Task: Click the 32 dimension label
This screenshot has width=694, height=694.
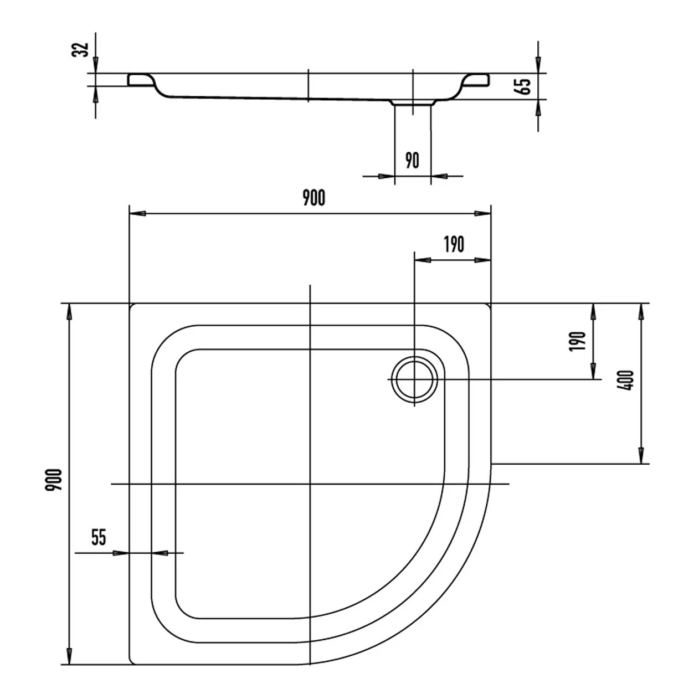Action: pyautogui.click(x=80, y=49)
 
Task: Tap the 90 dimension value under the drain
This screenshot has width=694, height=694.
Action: pyautogui.click(x=413, y=161)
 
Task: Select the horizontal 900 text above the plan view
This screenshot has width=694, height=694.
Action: pyautogui.click(x=313, y=198)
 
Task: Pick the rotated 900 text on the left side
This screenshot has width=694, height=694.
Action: pyautogui.click(x=54, y=480)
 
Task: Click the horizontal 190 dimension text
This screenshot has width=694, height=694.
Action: pyautogui.click(x=454, y=244)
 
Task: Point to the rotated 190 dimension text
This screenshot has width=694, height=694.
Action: pyautogui.click(x=577, y=341)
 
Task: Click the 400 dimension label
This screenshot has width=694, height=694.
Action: pyautogui.click(x=625, y=381)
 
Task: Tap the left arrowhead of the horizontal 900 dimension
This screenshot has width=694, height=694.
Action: pyautogui.click(x=137, y=214)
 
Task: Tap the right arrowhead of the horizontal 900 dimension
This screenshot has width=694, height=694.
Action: pyautogui.click(x=482, y=214)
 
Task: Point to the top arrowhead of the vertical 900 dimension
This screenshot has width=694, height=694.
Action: pyautogui.click(x=69, y=312)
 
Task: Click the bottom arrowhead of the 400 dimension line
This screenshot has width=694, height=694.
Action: pyautogui.click(x=641, y=456)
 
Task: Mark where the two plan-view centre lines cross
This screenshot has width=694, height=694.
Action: pyautogui.click(x=310, y=484)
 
